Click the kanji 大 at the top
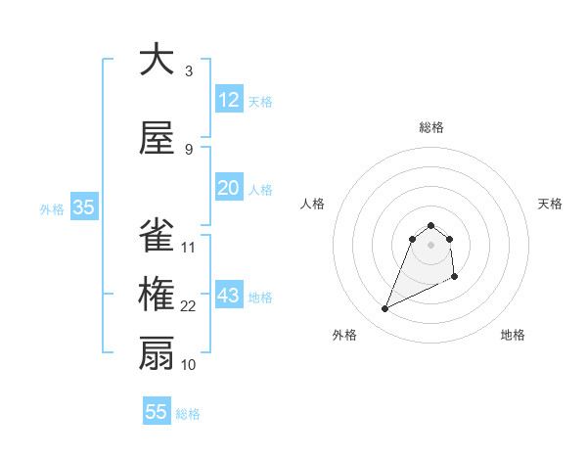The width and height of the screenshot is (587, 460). click(157, 60)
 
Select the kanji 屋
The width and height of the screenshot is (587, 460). click(157, 137)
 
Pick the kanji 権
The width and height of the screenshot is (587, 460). click(157, 295)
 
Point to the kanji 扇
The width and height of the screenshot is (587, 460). click(157, 353)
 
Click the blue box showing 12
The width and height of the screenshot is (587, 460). click(228, 100)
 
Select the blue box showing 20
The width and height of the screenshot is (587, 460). click(228, 188)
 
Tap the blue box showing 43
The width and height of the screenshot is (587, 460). click(228, 296)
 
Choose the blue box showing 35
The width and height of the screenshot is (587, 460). click(83, 207)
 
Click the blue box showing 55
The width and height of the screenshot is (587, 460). click(157, 412)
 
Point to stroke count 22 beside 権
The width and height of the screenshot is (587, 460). click(189, 306)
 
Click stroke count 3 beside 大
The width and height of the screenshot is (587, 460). click(189, 71)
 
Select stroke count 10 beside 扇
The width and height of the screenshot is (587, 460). click(189, 365)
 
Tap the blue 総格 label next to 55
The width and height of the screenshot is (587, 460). click(188, 414)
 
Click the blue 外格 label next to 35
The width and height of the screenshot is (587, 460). click(52, 209)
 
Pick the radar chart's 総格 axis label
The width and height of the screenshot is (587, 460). click(431, 127)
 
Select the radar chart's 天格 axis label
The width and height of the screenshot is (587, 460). click(551, 204)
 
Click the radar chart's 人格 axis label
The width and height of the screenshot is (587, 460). click(313, 204)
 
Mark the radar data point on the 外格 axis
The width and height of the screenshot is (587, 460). click(384, 309)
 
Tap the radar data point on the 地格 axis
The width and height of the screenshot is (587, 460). click(456, 278)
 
